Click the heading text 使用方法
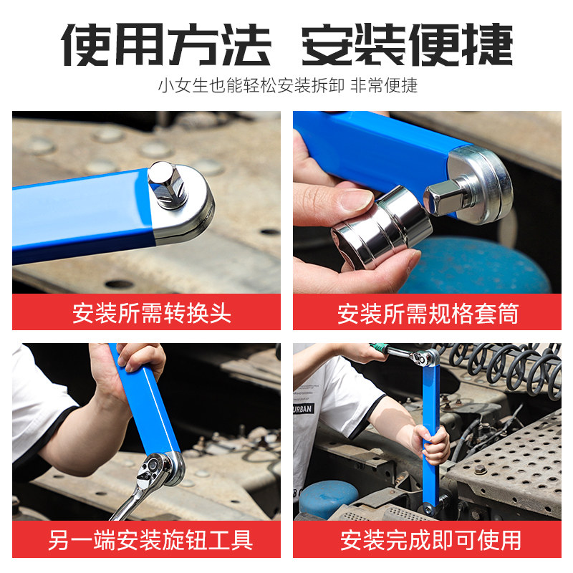pos(166,44)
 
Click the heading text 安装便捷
pos(408,44)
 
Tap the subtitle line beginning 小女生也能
pos(288,86)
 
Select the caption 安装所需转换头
pos(152,313)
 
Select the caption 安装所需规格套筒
pos(428,313)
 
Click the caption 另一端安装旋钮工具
pos(150,540)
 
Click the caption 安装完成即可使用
pos(431,540)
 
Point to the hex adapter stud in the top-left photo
pos(168,185)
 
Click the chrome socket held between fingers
pos(382,226)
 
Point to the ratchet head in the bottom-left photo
pos(158,471)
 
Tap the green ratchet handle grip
pos(379,348)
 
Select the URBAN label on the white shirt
pos(303,408)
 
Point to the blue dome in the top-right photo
pos(478,265)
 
